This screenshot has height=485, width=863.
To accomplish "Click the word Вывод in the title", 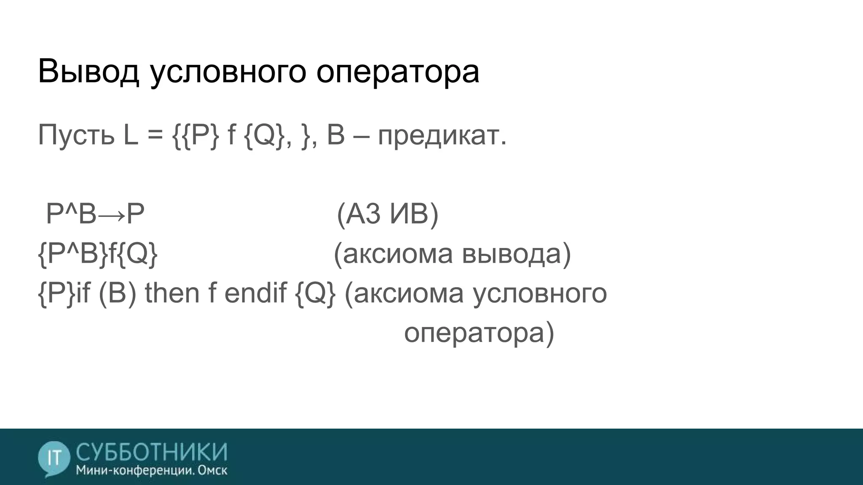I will coord(88,72).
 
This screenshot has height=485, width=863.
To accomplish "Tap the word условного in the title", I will coord(227,72).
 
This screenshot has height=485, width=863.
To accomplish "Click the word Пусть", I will coord(76,135).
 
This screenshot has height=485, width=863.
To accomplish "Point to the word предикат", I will coord(442,136).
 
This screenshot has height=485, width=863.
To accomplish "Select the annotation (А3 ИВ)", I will coord(388,214).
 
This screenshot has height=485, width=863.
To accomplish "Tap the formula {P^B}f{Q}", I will coord(98,254).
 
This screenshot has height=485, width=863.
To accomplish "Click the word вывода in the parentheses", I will coord(516,254).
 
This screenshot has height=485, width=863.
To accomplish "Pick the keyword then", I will coord(172,293).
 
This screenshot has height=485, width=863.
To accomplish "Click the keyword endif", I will coord(255,293).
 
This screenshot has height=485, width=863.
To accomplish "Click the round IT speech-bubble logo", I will coord(54,458).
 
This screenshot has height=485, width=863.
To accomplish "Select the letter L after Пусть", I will coord(131,135).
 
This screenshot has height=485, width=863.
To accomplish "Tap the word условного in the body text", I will coord(539,293).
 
